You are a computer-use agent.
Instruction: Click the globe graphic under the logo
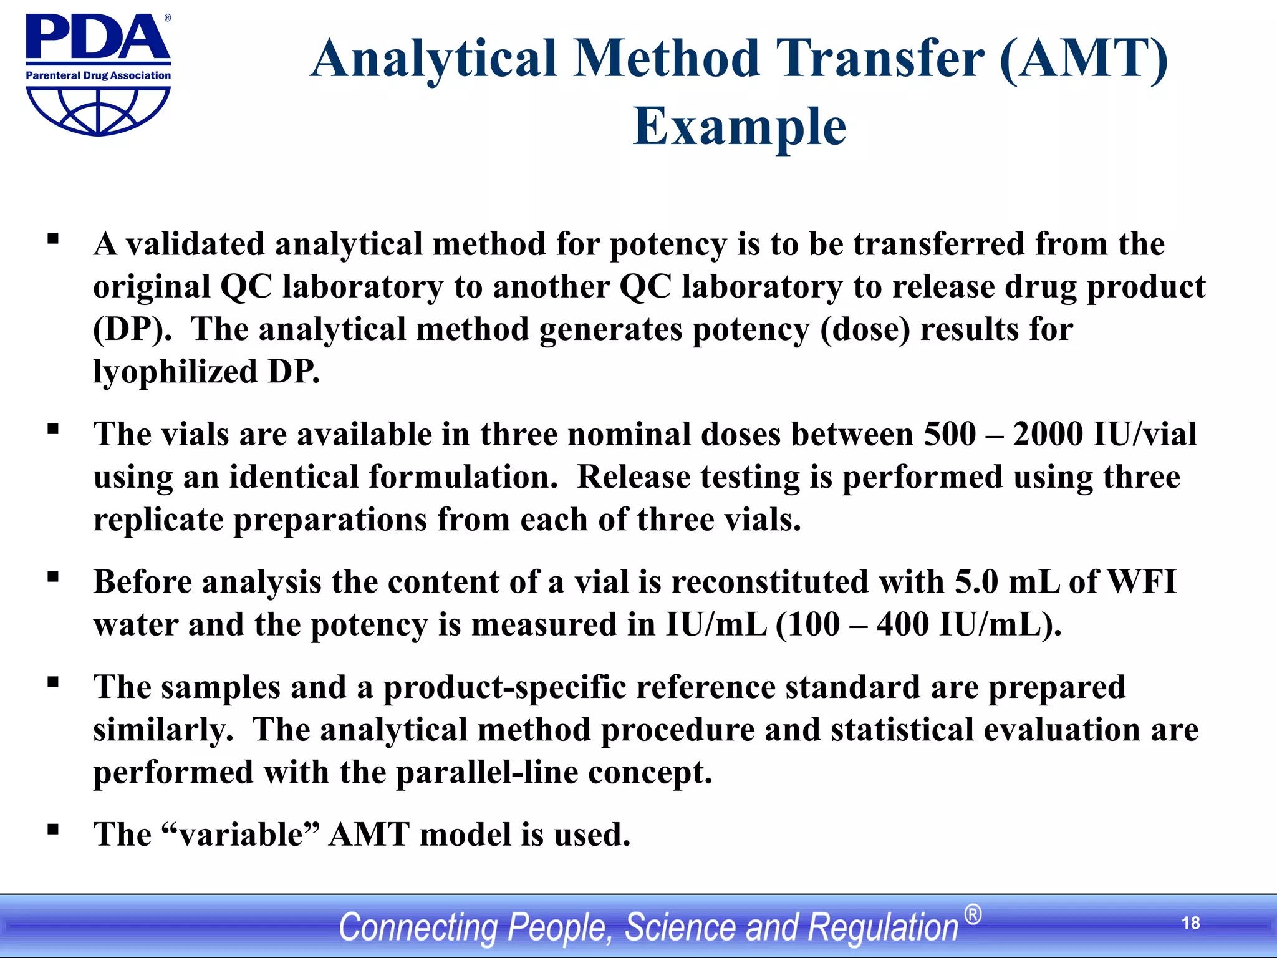point(98,110)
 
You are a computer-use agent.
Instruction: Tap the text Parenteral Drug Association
point(98,75)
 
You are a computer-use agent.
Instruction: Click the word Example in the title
point(740,127)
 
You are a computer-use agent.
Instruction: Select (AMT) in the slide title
point(1084,59)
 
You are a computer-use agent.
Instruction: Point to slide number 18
point(1190,923)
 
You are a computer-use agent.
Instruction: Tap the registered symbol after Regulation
point(973,915)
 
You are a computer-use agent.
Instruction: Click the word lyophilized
point(175,372)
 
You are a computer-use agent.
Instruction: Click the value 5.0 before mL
point(976,582)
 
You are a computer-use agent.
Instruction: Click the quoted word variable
point(240,835)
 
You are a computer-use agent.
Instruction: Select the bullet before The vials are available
point(53,428)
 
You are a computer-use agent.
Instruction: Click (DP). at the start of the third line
point(132,329)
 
